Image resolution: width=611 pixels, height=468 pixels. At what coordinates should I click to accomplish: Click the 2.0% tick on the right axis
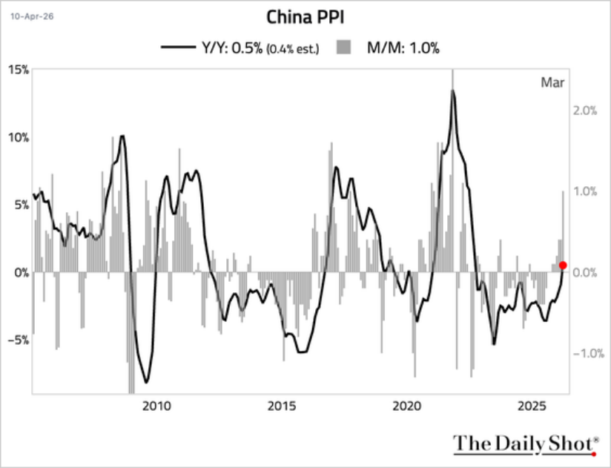(584, 110)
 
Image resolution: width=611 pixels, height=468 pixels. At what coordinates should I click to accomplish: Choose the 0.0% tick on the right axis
(584, 272)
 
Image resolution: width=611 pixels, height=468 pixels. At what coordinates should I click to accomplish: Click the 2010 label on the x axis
(156, 406)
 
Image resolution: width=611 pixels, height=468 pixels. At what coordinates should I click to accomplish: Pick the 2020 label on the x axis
(407, 406)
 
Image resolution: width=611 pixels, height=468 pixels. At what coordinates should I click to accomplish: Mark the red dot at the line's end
(563, 266)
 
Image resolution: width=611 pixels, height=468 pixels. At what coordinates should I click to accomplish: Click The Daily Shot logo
(525, 444)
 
